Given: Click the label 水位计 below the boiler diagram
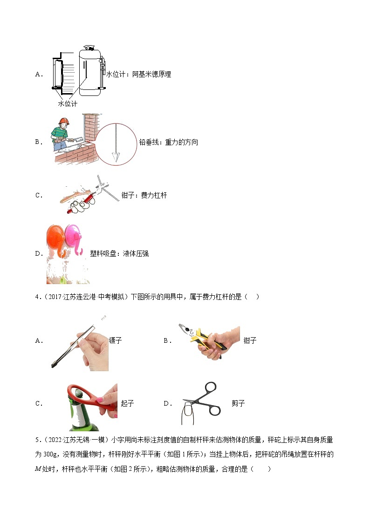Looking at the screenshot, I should (67, 104).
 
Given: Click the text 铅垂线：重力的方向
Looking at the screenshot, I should (168, 142).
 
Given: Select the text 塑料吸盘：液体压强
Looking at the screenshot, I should (119, 253).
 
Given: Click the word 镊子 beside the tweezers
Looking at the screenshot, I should (115, 340).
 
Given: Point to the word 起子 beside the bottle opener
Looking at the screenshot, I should (127, 403).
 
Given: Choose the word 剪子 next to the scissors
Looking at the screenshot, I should (238, 403).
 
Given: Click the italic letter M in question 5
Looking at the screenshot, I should (39, 469).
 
